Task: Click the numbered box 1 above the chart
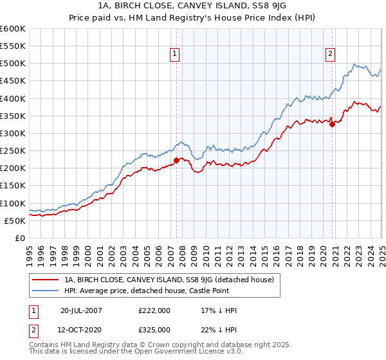[x=175, y=55]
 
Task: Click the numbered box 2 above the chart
[x=330, y=55]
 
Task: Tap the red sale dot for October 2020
[x=333, y=125]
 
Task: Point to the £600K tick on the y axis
[x=13, y=29]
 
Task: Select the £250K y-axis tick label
[x=13, y=151]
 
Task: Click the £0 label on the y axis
[x=20, y=238]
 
